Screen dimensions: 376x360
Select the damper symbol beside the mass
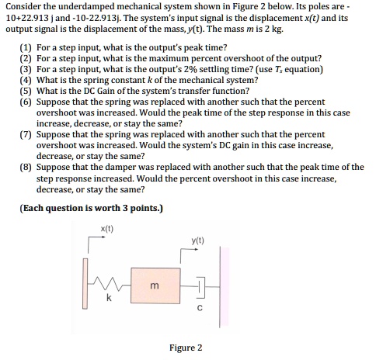point(199,288)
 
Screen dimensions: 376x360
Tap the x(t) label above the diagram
point(107,227)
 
